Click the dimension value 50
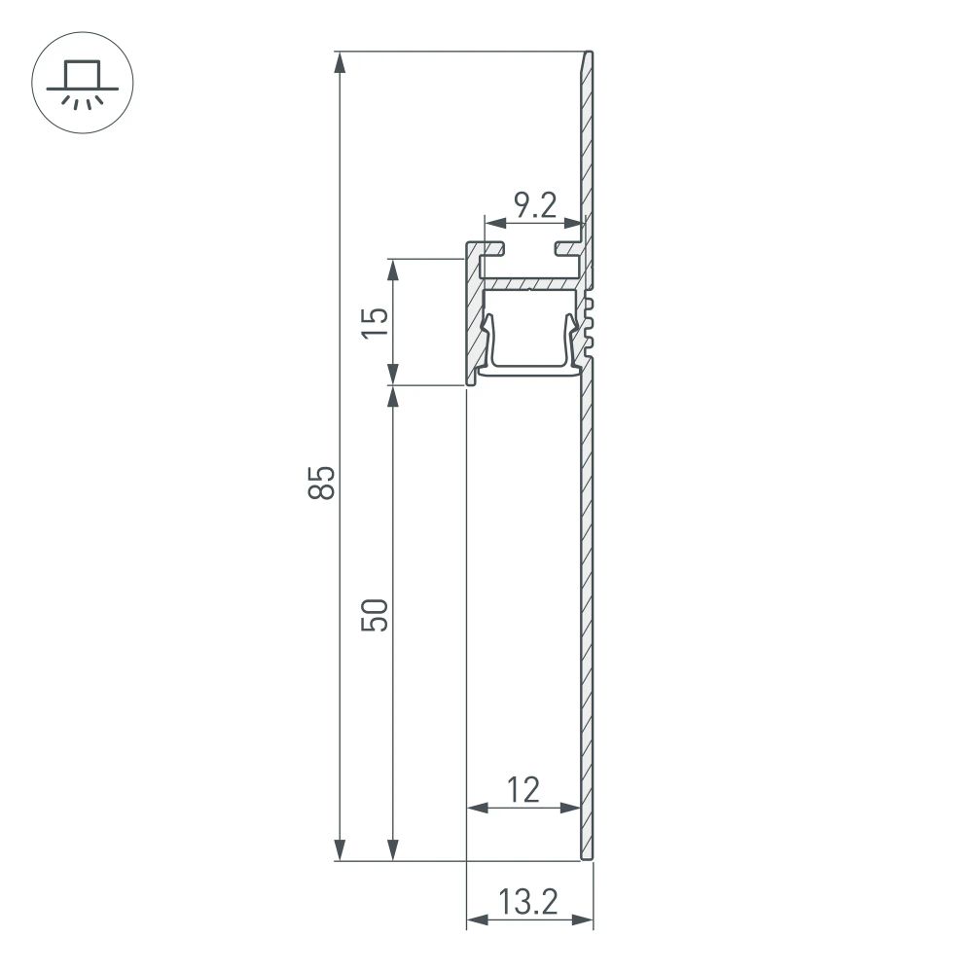click(378, 615)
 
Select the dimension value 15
click(378, 321)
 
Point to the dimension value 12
click(523, 789)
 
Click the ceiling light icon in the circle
click(83, 83)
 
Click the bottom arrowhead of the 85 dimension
click(339, 849)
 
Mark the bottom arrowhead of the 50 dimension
click(392, 849)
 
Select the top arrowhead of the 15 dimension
click(392, 270)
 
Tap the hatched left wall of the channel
click(474, 321)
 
